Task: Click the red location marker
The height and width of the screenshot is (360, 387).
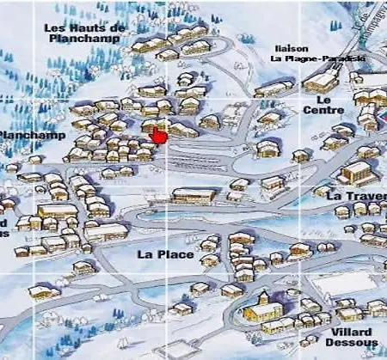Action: [158, 136]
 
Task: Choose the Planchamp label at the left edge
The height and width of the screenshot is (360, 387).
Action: [21, 135]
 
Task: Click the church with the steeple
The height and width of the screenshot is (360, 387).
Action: [261, 308]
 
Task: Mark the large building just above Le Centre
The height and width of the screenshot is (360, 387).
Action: [320, 80]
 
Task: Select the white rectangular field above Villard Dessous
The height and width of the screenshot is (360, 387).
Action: [343, 284]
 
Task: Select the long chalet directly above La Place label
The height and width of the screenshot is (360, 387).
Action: [193, 196]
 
